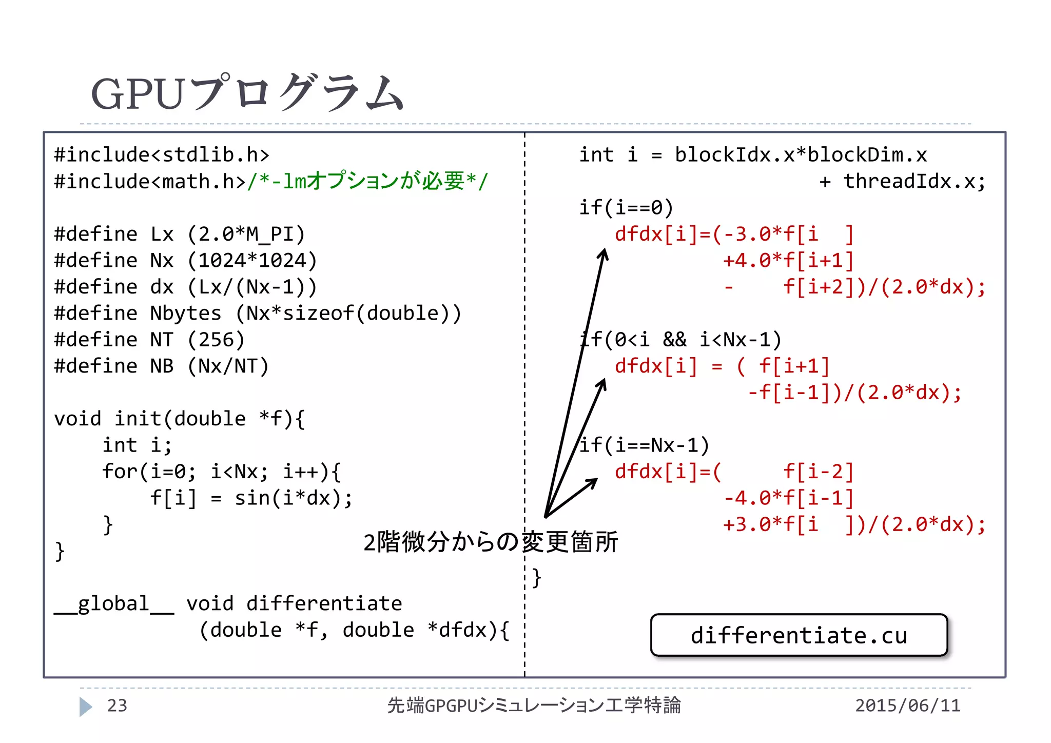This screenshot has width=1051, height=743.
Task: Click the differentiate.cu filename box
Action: (799, 635)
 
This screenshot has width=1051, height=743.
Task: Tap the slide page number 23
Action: (117, 706)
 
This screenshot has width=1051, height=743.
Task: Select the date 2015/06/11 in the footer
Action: (907, 706)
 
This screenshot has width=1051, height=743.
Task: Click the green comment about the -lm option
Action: (367, 181)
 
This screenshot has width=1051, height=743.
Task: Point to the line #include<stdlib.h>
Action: (162, 154)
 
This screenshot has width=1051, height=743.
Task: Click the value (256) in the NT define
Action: (216, 340)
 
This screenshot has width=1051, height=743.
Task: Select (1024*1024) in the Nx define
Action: (252, 261)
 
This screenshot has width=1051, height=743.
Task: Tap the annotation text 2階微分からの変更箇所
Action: (490, 542)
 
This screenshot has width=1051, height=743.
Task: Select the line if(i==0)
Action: (626, 208)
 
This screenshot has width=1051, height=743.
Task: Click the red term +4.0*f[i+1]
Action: (788, 261)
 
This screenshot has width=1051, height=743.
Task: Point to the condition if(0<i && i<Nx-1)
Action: (680, 340)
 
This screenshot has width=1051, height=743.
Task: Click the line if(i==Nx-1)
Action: (645, 445)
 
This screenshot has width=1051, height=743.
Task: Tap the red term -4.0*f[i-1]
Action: (788, 498)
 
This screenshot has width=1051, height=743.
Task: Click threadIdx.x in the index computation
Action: (908, 181)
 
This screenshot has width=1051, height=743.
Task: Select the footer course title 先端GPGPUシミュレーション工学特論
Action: (534, 706)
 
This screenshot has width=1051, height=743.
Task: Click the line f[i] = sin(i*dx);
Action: (251, 498)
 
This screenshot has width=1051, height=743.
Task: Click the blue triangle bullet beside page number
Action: (86, 707)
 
